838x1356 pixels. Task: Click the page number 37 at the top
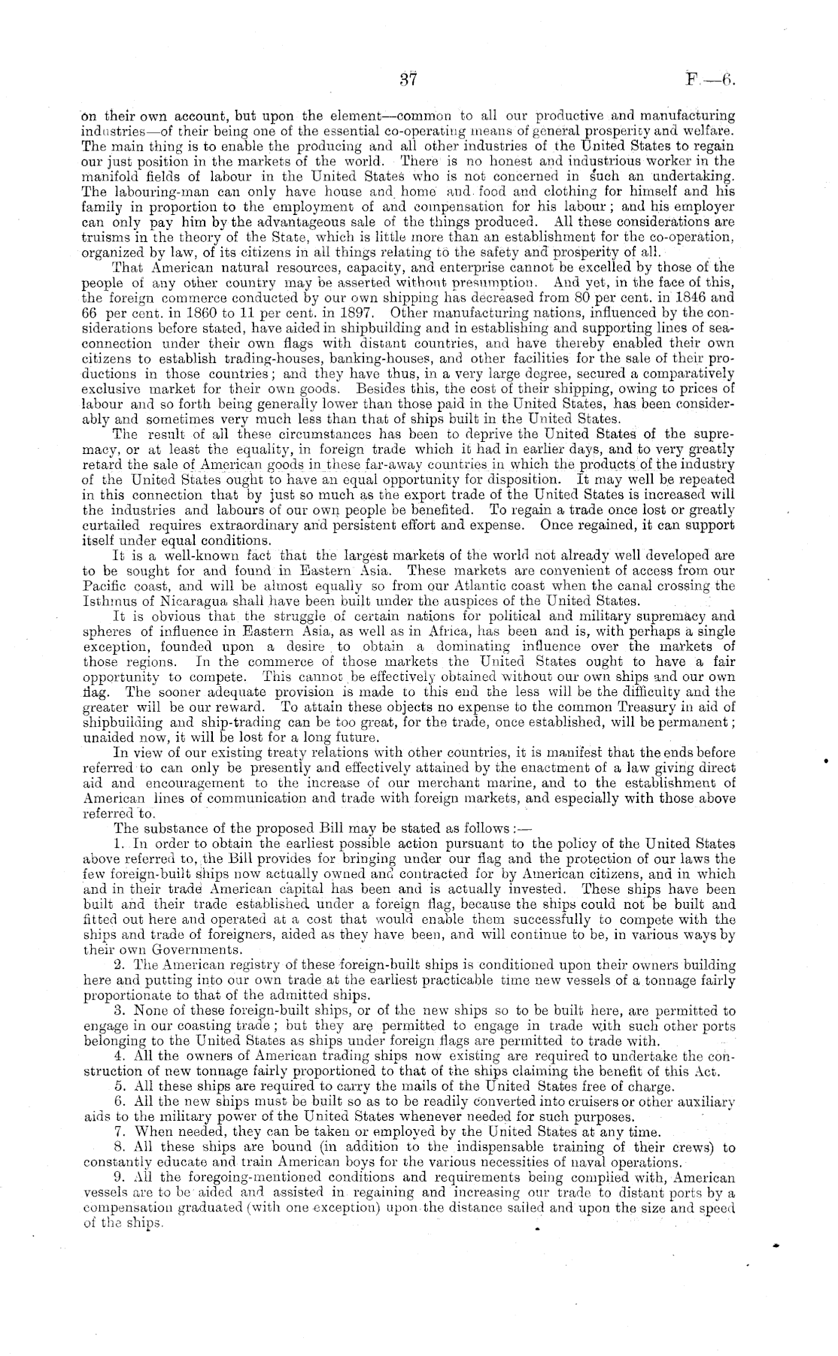(x=409, y=80)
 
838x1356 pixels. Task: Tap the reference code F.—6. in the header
(x=709, y=80)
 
